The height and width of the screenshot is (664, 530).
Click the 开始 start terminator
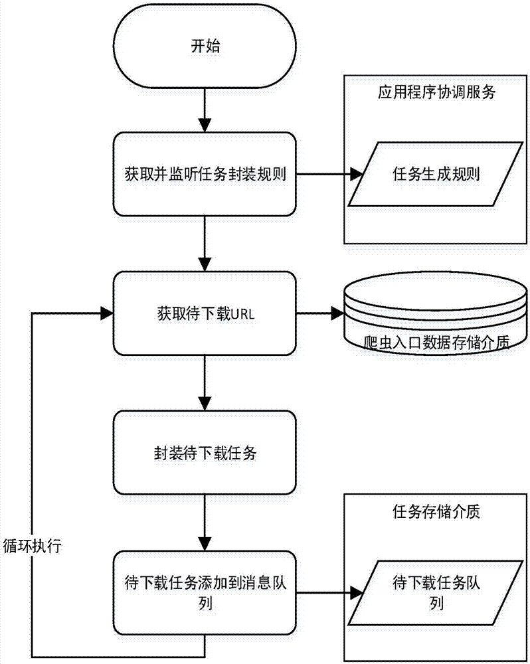pos(205,48)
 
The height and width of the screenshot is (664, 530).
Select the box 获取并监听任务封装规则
pos(205,175)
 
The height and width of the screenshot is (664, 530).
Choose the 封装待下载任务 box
pos(205,454)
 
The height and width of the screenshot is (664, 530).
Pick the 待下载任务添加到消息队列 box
pos(205,593)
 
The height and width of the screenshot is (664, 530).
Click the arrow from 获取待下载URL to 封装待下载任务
pos(205,382)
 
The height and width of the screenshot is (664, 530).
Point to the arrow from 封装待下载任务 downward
pos(205,521)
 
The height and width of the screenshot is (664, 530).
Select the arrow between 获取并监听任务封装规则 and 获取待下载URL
pos(205,242)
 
